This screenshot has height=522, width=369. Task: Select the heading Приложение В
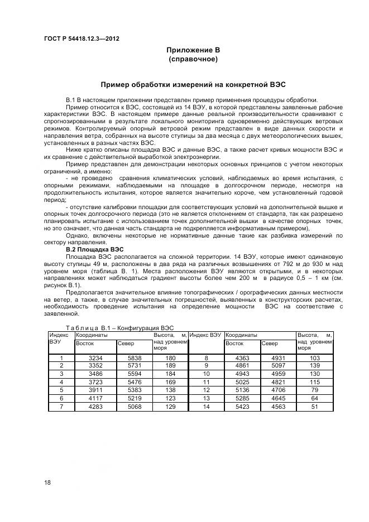(193, 50)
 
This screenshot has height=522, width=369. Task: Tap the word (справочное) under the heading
(193, 59)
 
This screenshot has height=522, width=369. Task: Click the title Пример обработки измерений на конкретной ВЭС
(193, 85)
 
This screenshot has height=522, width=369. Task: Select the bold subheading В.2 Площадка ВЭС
(95, 249)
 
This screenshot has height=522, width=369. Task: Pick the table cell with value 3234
(95, 357)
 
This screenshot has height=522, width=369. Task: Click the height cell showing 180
(170, 357)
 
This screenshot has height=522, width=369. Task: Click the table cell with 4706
(278, 391)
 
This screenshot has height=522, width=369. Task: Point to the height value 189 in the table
(170, 366)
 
